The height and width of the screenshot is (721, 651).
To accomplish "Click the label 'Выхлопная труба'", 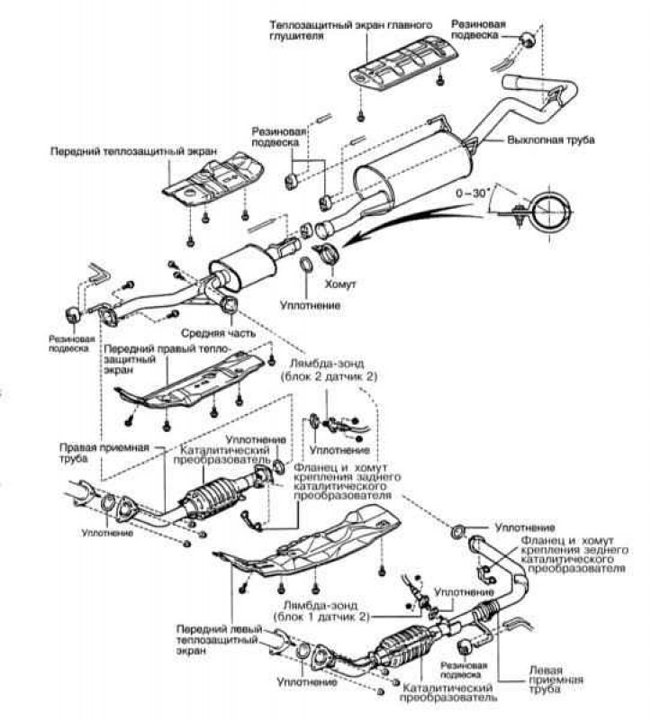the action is pyautogui.click(x=550, y=140).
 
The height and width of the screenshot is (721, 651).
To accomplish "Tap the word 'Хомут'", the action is pyautogui.click(x=340, y=284).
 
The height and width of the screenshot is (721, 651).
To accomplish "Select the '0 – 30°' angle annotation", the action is pyautogui.click(x=471, y=194).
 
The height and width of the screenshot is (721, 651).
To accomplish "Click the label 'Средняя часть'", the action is pyautogui.click(x=218, y=332).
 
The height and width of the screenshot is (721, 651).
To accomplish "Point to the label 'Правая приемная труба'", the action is pyautogui.click(x=104, y=453).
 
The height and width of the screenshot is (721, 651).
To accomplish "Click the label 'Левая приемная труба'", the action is pyautogui.click(x=556, y=680).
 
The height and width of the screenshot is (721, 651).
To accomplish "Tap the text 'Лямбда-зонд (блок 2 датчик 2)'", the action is pyautogui.click(x=329, y=370).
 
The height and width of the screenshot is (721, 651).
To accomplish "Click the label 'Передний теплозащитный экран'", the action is pyautogui.click(x=133, y=151).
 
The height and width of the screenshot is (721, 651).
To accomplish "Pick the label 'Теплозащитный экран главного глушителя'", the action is pyautogui.click(x=350, y=30).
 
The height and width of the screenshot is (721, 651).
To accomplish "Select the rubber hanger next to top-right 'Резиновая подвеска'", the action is pyautogui.click(x=527, y=40).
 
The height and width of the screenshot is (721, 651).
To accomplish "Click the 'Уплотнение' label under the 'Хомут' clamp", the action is pyautogui.click(x=311, y=305).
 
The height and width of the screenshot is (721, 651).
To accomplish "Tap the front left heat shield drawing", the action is pyautogui.click(x=312, y=542).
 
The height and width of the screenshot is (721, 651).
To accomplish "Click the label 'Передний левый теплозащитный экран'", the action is pyautogui.click(x=219, y=639).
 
